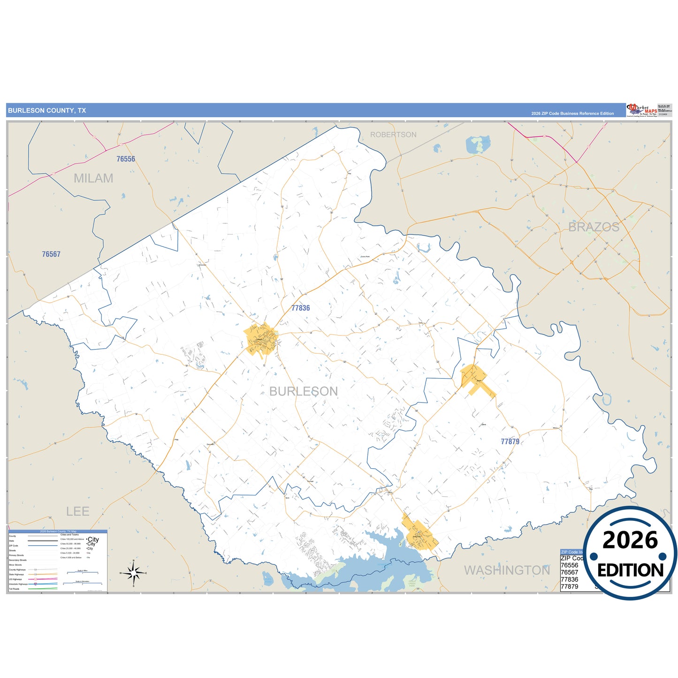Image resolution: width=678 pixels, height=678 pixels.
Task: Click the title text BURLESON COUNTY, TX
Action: (47, 111)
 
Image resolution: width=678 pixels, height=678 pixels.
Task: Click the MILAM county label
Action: (93, 178)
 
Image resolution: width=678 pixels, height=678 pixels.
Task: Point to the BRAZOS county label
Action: (594, 227)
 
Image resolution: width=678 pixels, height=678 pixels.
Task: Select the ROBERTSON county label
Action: (393, 135)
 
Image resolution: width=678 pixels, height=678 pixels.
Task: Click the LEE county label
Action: (77, 511)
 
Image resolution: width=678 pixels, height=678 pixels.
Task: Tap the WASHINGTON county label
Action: (507, 570)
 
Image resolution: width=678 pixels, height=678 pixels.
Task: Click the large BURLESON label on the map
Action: (304, 391)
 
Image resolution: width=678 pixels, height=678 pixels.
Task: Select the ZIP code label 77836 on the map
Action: (300, 308)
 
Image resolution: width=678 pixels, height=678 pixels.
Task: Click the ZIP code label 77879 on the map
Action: (510, 442)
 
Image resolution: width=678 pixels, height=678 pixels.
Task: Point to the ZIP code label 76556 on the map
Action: (126, 159)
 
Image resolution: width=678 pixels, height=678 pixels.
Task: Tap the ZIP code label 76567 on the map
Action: (51, 254)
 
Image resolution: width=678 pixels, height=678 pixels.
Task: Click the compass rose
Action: (134, 573)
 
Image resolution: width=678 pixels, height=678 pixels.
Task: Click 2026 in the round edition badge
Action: (630, 540)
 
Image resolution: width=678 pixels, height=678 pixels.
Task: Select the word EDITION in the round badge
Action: (630, 570)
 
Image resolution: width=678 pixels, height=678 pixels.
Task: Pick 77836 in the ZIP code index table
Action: (570, 579)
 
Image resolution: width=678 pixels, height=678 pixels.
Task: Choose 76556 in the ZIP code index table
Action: (570, 565)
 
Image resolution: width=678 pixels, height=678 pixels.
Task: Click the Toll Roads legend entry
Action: (15, 589)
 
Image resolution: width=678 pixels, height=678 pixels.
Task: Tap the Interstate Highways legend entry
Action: (18, 584)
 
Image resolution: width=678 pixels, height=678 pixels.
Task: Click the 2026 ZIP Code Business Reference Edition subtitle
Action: (572, 114)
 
